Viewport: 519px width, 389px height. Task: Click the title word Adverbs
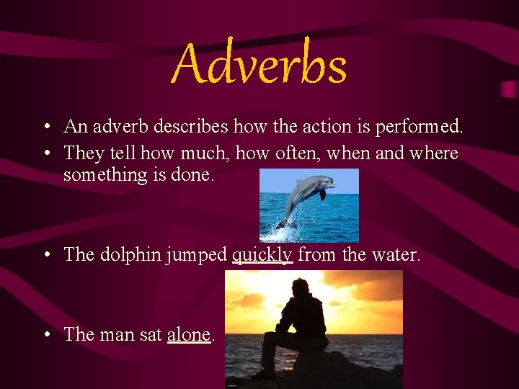click(259, 64)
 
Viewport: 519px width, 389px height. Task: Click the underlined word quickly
click(262, 255)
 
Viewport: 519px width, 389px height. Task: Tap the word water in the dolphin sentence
click(397, 255)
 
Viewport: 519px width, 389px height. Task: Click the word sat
click(150, 334)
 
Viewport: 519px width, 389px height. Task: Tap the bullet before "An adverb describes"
click(45, 128)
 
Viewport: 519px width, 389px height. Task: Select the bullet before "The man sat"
click(45, 335)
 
